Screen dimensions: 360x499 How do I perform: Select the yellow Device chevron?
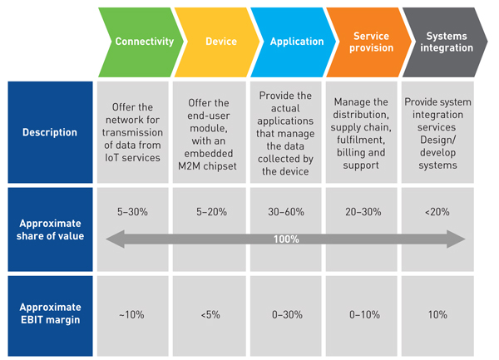pos(220,42)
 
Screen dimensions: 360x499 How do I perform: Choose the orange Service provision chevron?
pos(371,42)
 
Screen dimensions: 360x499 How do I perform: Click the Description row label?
pos(50,132)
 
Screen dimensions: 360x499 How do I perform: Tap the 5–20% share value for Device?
pos(213,211)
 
